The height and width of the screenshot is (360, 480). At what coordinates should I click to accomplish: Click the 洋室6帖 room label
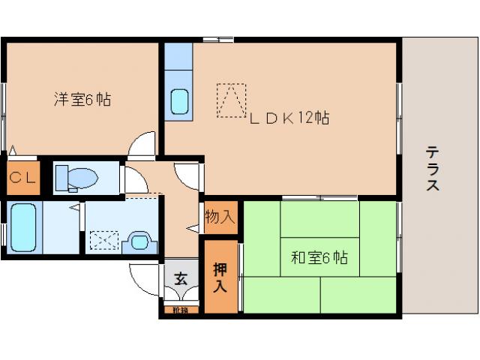coord(82,99)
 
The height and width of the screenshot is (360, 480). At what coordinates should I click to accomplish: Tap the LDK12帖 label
coord(289,118)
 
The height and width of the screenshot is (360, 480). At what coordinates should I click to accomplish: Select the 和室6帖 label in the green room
coord(319,258)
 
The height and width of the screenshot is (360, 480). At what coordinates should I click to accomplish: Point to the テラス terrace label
coord(433,168)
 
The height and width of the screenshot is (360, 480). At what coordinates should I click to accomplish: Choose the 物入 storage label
coord(220,217)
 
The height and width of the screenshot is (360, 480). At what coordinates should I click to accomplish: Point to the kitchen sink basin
coord(179,100)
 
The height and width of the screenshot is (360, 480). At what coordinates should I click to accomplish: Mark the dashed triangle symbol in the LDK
coord(232,100)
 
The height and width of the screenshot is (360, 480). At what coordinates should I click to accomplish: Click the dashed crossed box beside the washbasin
coord(100,241)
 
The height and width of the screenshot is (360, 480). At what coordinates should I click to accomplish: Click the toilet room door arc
coord(135,181)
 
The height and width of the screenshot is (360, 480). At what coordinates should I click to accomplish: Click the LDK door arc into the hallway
coord(187,175)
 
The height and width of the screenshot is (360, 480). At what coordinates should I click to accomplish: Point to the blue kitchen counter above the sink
coord(179,58)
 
